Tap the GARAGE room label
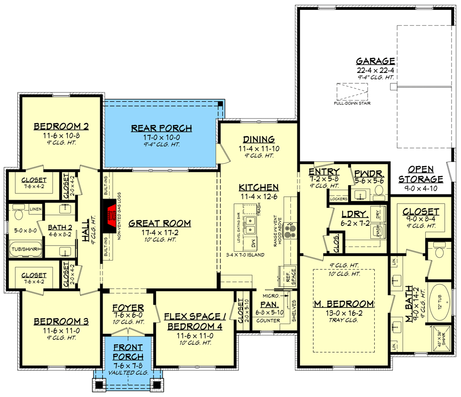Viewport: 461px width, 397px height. (375, 62)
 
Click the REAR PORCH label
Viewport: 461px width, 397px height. (161, 129)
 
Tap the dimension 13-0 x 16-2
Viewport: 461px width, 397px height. (344, 313)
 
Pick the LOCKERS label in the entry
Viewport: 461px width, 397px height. (339, 199)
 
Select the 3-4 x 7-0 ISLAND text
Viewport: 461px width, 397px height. (243, 255)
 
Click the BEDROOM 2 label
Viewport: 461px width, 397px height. (54, 126)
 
